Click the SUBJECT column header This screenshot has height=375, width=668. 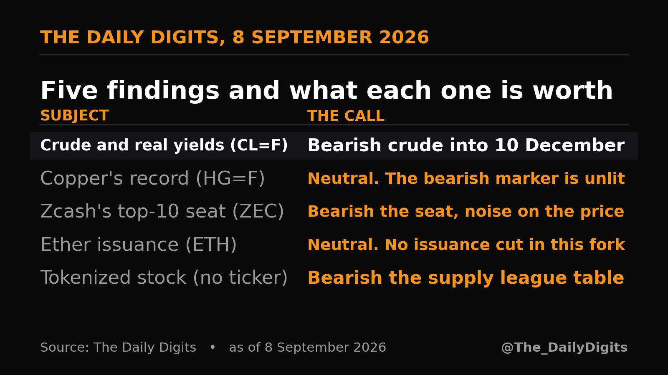pos(75,115)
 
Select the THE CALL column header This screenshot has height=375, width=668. pos(346,116)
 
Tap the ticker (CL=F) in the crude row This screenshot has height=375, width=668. pos(259,145)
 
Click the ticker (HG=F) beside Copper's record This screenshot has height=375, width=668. pos(230,179)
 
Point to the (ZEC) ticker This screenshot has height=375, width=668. pos(258,212)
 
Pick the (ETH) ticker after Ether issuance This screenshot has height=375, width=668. pos(211,245)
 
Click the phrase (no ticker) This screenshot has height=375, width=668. pos(240,277)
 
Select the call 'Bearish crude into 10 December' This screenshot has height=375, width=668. pos(466,145)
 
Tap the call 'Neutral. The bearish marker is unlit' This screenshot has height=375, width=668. pos(466,179)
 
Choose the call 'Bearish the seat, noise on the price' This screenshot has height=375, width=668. pos(466,212)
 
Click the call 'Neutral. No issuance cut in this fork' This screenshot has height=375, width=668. pos(466,245)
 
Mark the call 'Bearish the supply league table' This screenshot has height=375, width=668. pos(466,277)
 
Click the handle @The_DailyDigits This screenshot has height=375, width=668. pos(564,347)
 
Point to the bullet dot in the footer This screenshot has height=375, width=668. pos(213,347)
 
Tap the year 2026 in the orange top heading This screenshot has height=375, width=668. pos(404,37)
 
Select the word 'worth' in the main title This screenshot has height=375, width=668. pos(572,90)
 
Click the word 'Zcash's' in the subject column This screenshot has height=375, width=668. pos(76,211)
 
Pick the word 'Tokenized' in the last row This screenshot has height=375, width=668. pos(86,277)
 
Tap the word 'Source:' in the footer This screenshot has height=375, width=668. pos(65,347)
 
